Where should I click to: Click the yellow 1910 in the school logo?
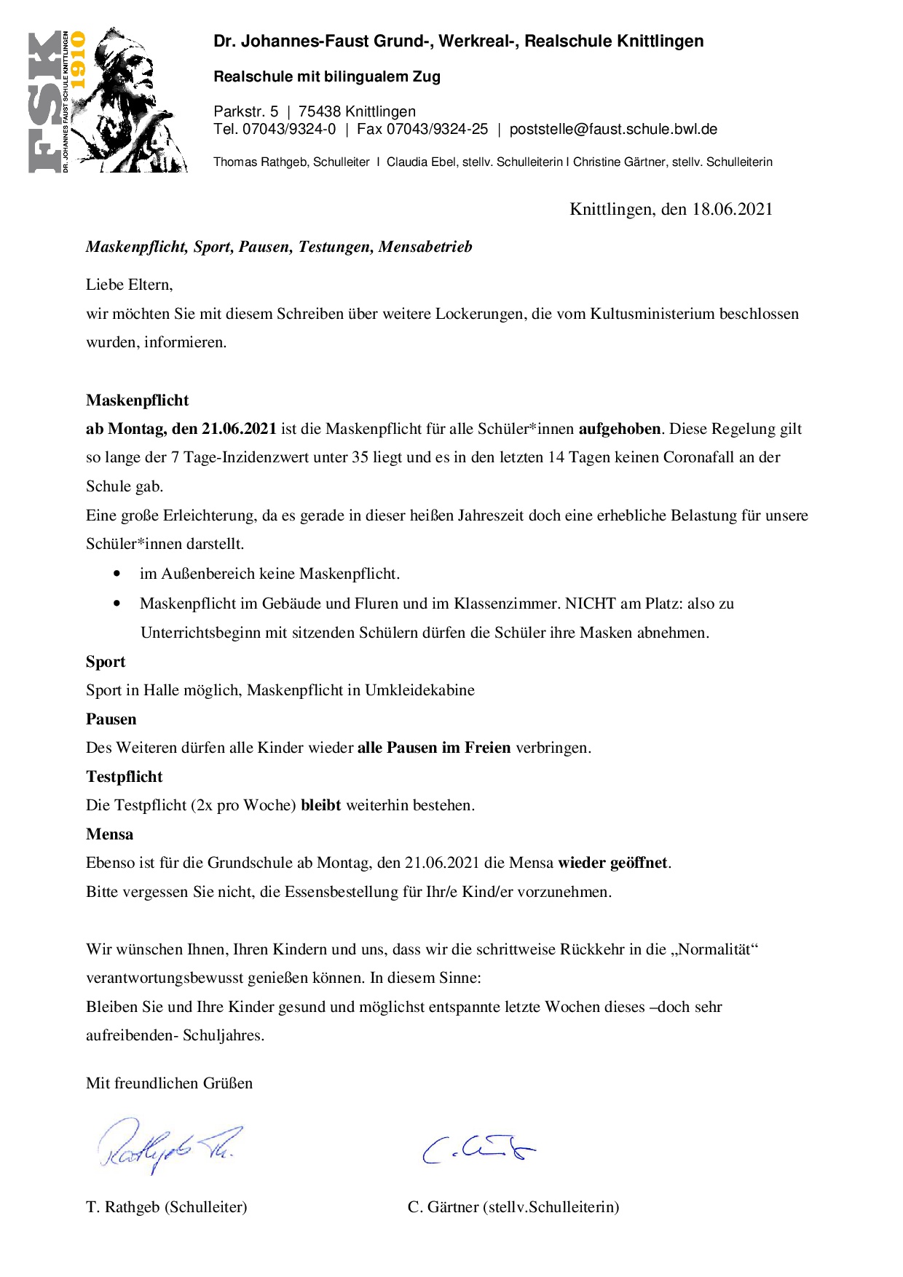click(77, 60)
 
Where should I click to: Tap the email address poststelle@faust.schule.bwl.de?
click(613, 130)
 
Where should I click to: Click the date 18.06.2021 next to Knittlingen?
click(732, 210)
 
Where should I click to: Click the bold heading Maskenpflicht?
click(137, 400)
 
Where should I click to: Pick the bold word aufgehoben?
click(620, 429)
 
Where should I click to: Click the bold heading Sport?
click(106, 662)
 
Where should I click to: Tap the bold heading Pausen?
click(111, 719)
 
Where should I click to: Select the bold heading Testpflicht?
click(124, 777)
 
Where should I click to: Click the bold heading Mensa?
click(109, 834)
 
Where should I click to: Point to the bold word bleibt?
click(320, 805)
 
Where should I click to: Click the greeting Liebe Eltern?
click(129, 285)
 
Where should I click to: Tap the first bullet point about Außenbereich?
click(269, 574)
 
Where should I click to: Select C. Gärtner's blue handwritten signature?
click(478, 1149)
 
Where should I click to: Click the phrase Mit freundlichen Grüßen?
click(169, 1083)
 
